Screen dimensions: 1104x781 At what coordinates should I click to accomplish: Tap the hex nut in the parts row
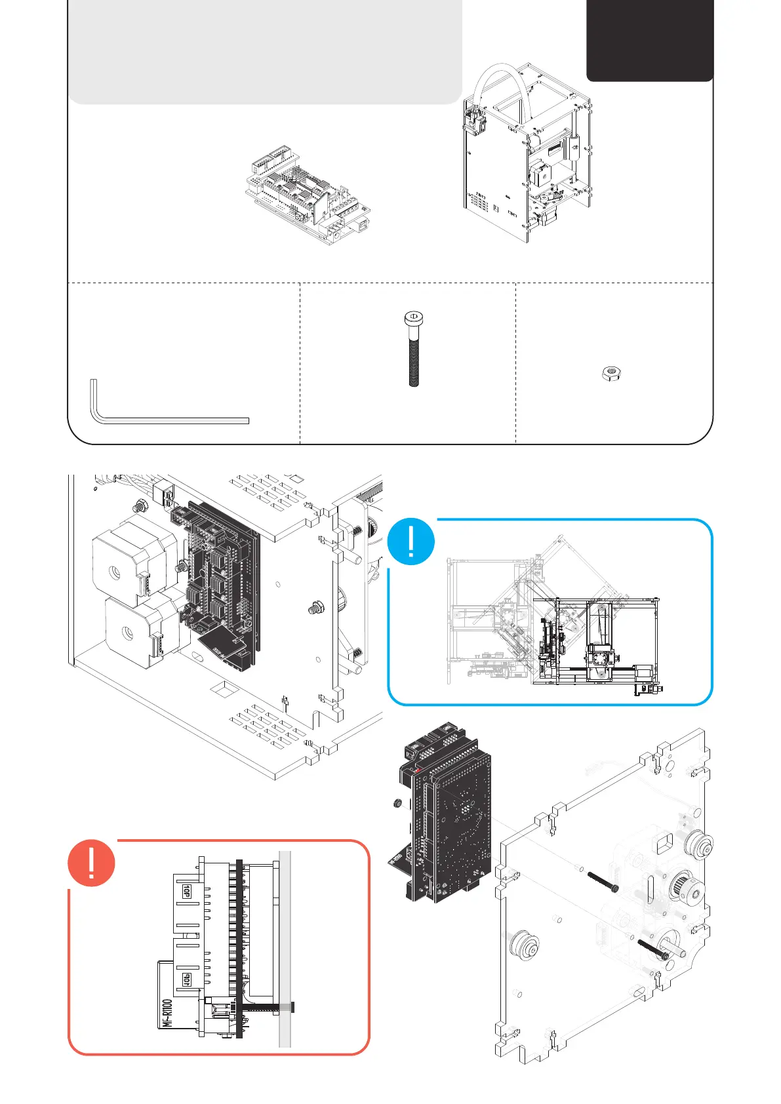[611, 374]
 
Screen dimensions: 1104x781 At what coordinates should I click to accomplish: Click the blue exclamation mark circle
[411, 542]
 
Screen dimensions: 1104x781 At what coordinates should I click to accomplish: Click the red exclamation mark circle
[92, 863]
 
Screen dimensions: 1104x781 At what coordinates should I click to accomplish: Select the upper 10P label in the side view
[186, 891]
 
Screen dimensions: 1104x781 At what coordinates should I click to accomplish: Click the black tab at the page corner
[649, 39]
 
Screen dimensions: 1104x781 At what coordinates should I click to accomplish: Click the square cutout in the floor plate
[225, 690]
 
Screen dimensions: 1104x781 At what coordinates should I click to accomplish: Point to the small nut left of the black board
[396, 804]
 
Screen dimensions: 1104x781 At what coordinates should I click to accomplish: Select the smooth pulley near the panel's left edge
[525, 946]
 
